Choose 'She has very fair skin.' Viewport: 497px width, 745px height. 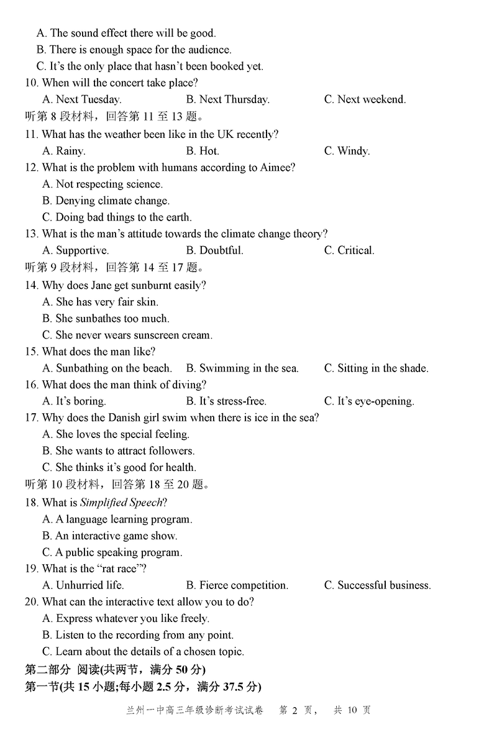pos(100,302)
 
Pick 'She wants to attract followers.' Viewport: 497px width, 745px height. pos(119,451)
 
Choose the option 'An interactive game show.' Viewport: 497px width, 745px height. pos(110,536)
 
